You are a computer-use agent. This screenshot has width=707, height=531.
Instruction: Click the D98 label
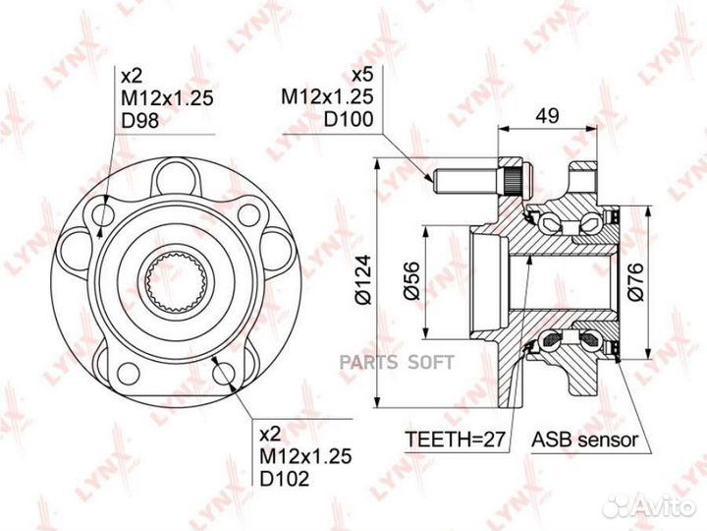pos(140,121)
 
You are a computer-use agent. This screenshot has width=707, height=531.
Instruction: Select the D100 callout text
pos(349,119)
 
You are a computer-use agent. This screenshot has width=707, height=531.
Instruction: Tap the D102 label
pos(285,478)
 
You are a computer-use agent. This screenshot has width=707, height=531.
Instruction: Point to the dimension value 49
pos(547,116)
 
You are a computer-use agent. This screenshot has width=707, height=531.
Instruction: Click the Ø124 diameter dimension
pos(363,279)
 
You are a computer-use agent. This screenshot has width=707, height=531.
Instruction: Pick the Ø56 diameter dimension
pos(411,280)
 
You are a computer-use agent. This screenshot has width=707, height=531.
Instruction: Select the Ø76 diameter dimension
pos(635,282)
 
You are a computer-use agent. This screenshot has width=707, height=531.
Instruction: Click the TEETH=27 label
pos(455,439)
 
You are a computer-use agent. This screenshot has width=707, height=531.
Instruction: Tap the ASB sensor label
pos(585,439)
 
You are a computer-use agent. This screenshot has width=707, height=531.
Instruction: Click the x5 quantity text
pos(362,75)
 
